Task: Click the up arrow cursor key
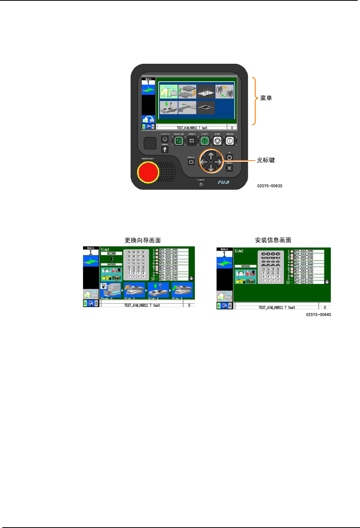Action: [211, 155]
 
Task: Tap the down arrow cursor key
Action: [211, 168]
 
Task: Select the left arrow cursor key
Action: [204, 162]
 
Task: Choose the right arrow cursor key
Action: [218, 162]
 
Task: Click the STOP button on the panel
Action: [217, 141]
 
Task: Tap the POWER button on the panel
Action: [230, 141]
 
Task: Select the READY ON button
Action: [178, 141]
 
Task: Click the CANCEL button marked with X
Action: [230, 168]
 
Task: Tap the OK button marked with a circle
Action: [230, 158]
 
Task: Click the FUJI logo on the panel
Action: [223, 182]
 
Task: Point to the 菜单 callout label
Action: [266, 98]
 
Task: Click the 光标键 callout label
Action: [266, 160]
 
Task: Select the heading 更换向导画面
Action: [143, 240]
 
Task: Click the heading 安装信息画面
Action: [273, 240]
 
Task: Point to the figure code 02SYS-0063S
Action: [270, 186]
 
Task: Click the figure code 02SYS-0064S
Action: [319, 315]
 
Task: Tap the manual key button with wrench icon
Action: [165, 150]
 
